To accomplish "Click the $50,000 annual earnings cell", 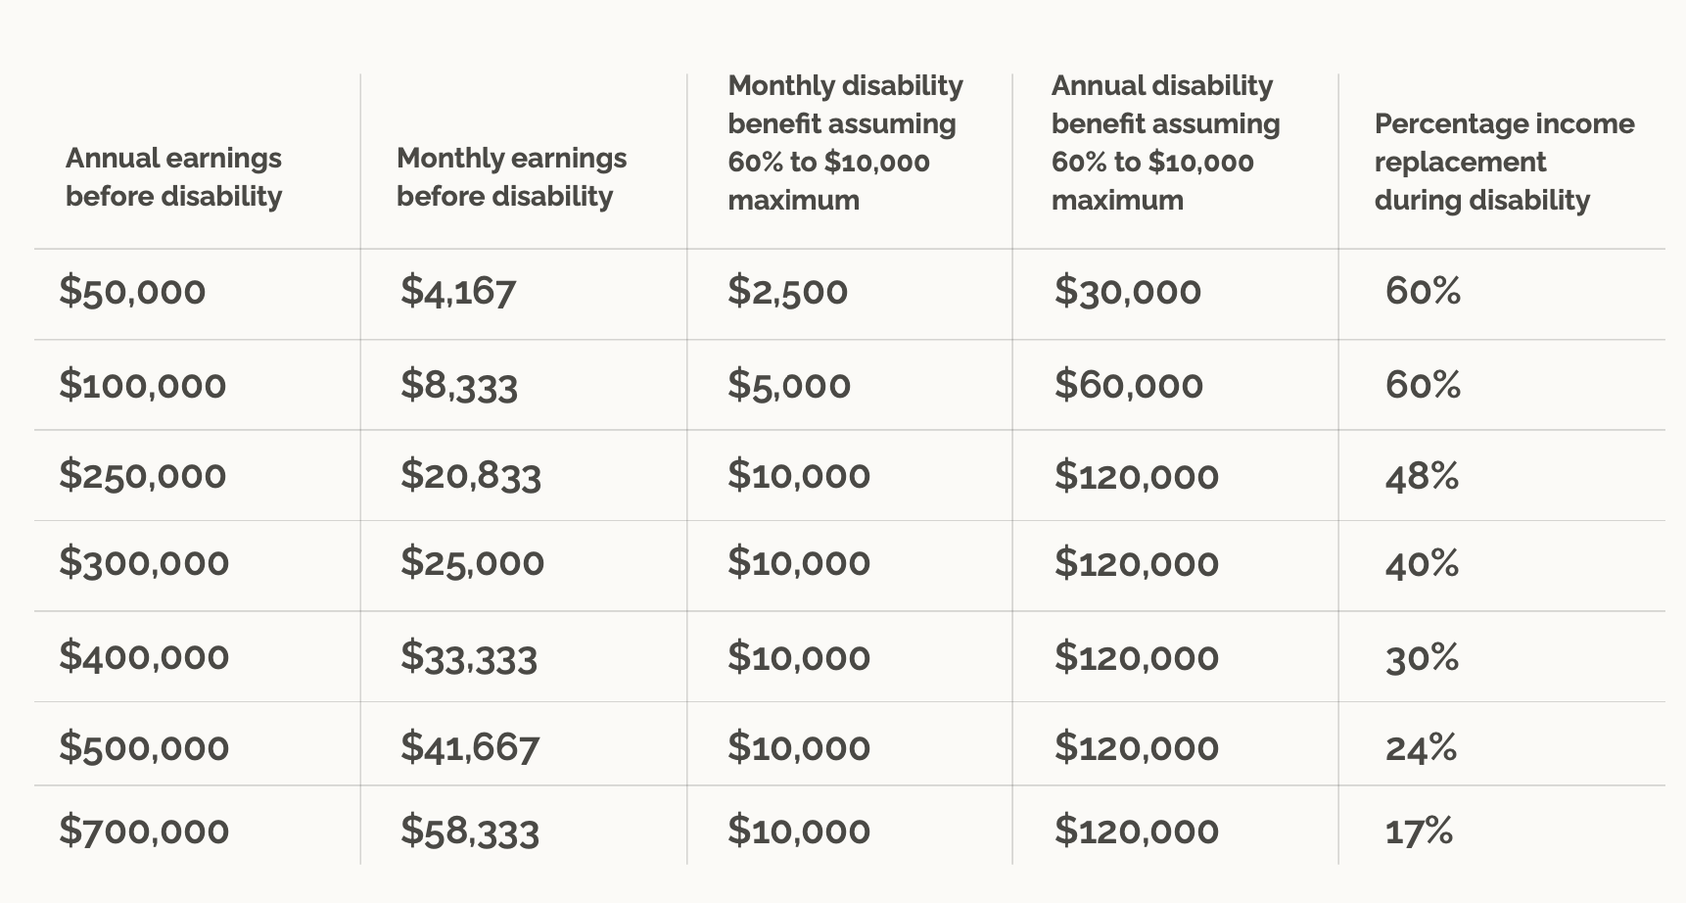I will [132, 292].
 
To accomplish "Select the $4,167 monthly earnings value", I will [457, 292].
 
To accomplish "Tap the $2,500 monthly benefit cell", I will [787, 292].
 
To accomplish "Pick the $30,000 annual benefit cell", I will [1127, 292].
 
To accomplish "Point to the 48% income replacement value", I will [1422, 477].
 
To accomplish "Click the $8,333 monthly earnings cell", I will [458, 386].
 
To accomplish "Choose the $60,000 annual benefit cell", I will [1128, 386].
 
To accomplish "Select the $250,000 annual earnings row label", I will [142, 476].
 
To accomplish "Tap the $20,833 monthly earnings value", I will [470, 476].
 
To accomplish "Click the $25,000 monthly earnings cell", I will [472, 563].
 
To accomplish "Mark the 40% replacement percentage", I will [1422, 564].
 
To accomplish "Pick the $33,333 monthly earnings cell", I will [468, 657].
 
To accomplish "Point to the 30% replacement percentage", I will [1422, 657].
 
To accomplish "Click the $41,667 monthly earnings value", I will [469, 748].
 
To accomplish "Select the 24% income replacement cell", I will [1421, 748].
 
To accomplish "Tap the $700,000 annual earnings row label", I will [144, 832].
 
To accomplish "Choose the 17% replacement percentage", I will [1419, 832].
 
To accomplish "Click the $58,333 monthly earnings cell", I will [469, 832].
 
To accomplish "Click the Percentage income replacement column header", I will [1503, 162].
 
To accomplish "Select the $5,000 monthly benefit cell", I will [788, 386].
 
